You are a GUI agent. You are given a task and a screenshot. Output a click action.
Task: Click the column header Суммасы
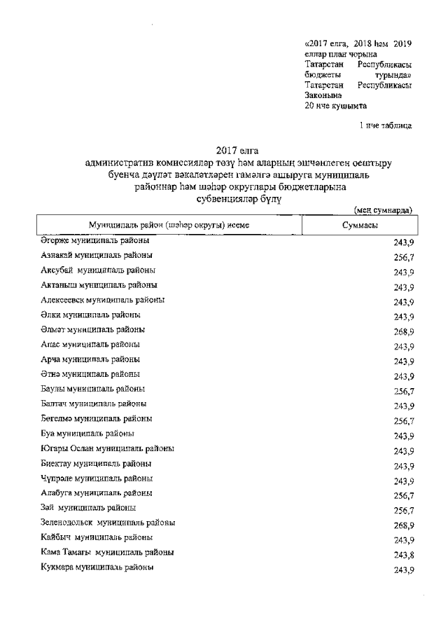[360, 226]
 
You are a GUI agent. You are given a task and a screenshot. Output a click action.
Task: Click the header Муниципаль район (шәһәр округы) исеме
[168, 226]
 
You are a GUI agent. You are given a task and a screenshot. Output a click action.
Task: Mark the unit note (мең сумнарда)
[382, 209]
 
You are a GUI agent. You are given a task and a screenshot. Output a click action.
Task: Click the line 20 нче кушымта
[335, 106]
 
